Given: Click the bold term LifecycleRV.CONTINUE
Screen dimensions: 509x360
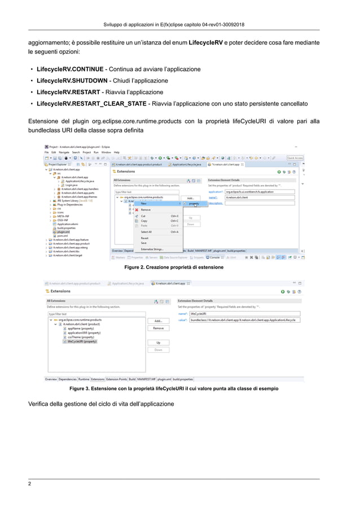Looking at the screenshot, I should [70, 69].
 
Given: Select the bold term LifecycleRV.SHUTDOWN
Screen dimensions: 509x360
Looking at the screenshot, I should [71, 81].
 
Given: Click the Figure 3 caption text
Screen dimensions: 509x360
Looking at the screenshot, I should [173, 389].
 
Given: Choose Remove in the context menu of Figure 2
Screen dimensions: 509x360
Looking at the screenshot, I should [146, 209].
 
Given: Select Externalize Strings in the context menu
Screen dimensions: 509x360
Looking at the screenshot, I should [152, 249].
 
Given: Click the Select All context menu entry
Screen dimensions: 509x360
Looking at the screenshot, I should [146, 232].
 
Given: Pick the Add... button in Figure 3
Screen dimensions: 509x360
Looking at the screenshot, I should [159, 321].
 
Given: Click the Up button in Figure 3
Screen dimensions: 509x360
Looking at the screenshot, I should [159, 343].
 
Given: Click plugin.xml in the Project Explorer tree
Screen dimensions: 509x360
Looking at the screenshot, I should [63, 231].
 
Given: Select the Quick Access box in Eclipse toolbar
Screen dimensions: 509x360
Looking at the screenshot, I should [295, 158].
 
